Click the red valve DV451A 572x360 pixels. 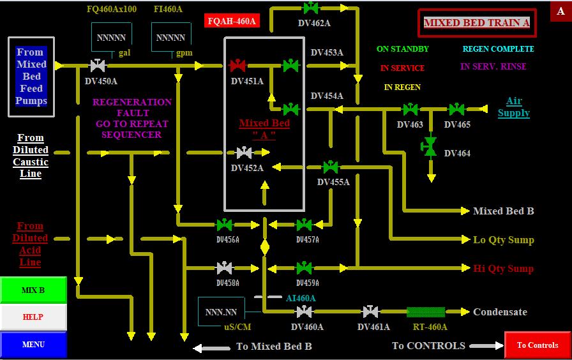pos(237,65)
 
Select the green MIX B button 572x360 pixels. pos(33,290)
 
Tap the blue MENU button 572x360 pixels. pos(33,345)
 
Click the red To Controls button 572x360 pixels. pos(537,345)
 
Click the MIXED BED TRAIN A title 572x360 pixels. pos(477,23)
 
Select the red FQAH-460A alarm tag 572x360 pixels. pos(231,21)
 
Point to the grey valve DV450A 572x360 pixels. pos(98,65)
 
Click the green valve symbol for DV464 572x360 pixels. pos(430,146)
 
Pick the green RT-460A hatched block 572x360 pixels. pos(426,312)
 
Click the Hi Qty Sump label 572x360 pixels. pos(503,269)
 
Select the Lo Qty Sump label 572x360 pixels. pos(503,240)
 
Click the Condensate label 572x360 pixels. pos(500,312)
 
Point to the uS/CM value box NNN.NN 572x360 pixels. pos(221,313)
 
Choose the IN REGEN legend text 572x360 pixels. pos(402,87)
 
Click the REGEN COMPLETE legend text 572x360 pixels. pos(498,49)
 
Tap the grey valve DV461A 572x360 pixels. pos(370,312)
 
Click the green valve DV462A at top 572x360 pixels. pos(311,8)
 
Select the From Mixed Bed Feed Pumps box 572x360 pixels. pos(31,77)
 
